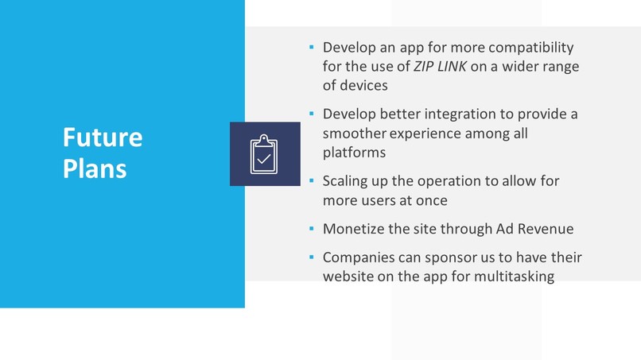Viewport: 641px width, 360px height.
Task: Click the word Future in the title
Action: point(103,137)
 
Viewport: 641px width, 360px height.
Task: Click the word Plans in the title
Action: point(95,168)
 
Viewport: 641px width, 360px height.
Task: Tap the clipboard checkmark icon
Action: point(265,154)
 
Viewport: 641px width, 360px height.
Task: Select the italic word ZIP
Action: point(427,67)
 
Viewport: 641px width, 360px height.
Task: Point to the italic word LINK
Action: point(454,67)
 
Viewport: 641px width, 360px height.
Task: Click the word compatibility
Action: point(525,48)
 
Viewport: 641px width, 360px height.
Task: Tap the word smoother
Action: point(355,133)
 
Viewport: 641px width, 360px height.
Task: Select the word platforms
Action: point(354,152)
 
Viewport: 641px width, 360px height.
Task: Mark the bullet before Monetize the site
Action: point(312,229)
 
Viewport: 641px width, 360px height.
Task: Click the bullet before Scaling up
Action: point(312,181)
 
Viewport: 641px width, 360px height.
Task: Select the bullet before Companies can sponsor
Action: point(312,257)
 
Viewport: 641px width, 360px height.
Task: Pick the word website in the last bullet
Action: point(350,277)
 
